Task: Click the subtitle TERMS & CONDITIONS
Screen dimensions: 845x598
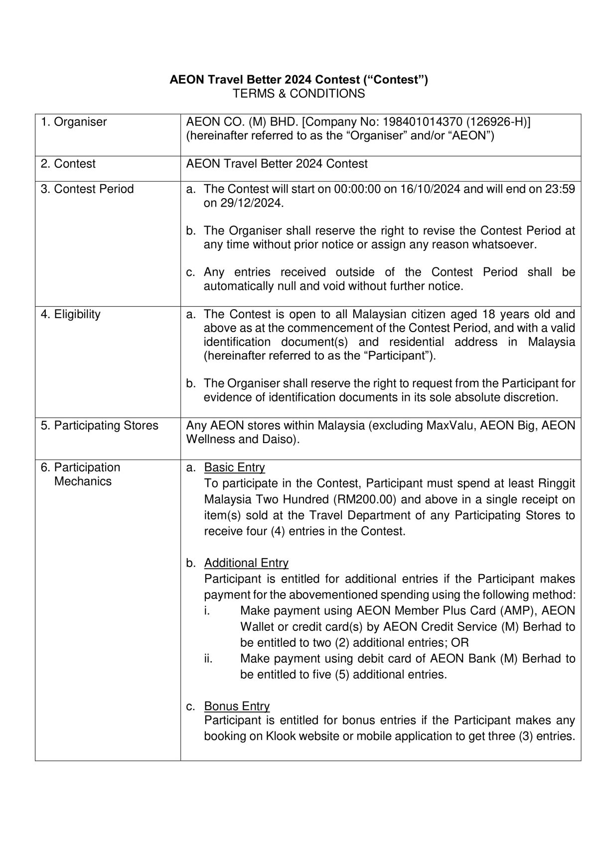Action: (x=299, y=94)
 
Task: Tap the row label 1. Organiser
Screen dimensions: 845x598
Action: (x=74, y=122)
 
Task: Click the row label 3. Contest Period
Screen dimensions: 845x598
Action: (x=87, y=189)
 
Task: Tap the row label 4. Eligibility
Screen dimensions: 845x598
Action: (x=71, y=314)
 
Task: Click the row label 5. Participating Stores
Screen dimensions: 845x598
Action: (x=100, y=426)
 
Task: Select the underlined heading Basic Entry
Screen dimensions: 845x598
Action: (x=234, y=468)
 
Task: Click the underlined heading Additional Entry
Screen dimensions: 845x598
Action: (x=246, y=563)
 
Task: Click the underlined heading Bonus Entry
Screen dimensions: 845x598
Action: (x=237, y=707)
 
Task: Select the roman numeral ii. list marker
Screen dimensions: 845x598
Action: (x=208, y=659)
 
